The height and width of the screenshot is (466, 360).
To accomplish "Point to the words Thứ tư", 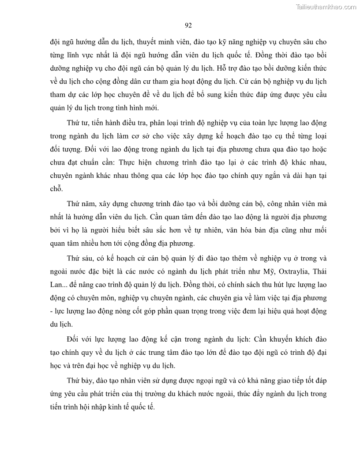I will [76, 122].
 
